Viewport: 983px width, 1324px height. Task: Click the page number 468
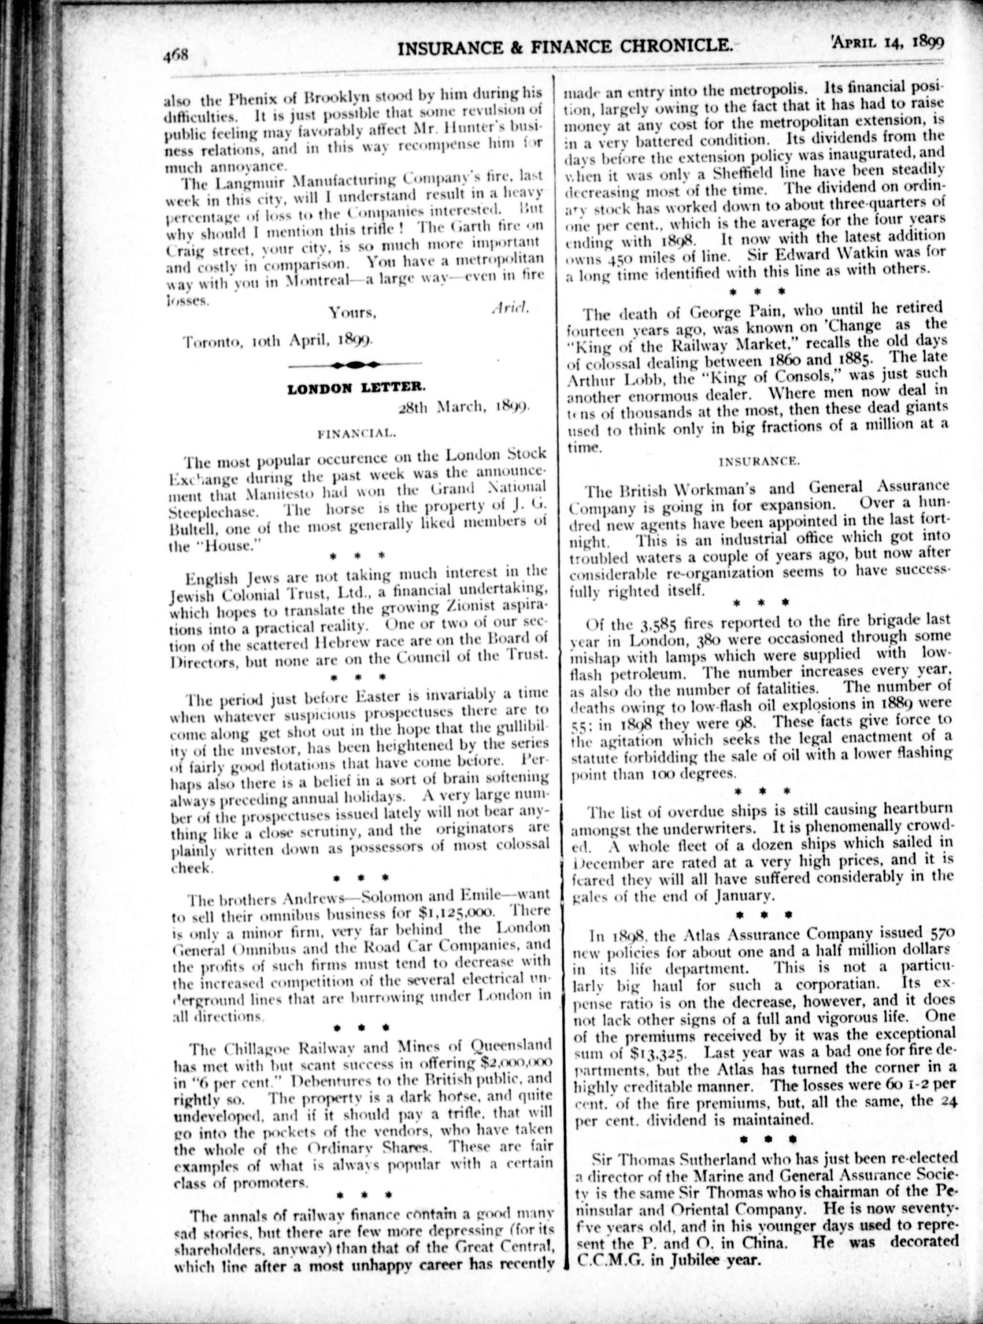coord(176,56)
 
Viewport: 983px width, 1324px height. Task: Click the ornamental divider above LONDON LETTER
coord(355,364)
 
